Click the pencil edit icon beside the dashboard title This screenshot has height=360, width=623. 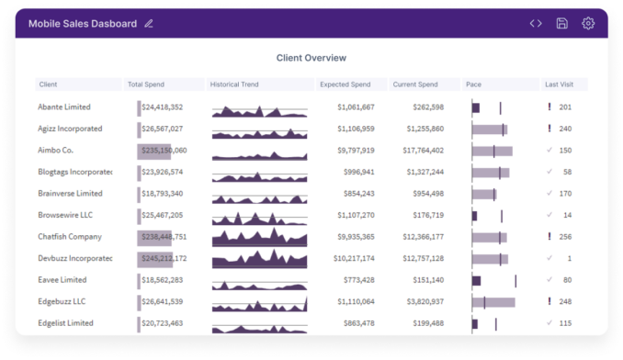pos(149,23)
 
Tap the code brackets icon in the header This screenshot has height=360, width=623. pos(536,23)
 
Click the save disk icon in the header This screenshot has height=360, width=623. pos(561,23)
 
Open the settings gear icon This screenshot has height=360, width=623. pos(588,23)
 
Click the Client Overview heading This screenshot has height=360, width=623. pos(311,58)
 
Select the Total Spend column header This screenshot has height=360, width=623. pos(146,84)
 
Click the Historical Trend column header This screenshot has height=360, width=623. pos(234,84)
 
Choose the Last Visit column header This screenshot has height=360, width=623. pos(559,84)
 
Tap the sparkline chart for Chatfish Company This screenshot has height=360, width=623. pos(259,237)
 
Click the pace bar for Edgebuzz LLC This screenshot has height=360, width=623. pos(493,301)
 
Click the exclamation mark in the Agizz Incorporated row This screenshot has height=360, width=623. pos(549,129)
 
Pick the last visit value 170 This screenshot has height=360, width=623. pos(565,194)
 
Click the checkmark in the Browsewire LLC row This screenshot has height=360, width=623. pos(549,215)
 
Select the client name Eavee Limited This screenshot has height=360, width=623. pos(62,280)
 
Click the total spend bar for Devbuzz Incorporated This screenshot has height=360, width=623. pos(153,258)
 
